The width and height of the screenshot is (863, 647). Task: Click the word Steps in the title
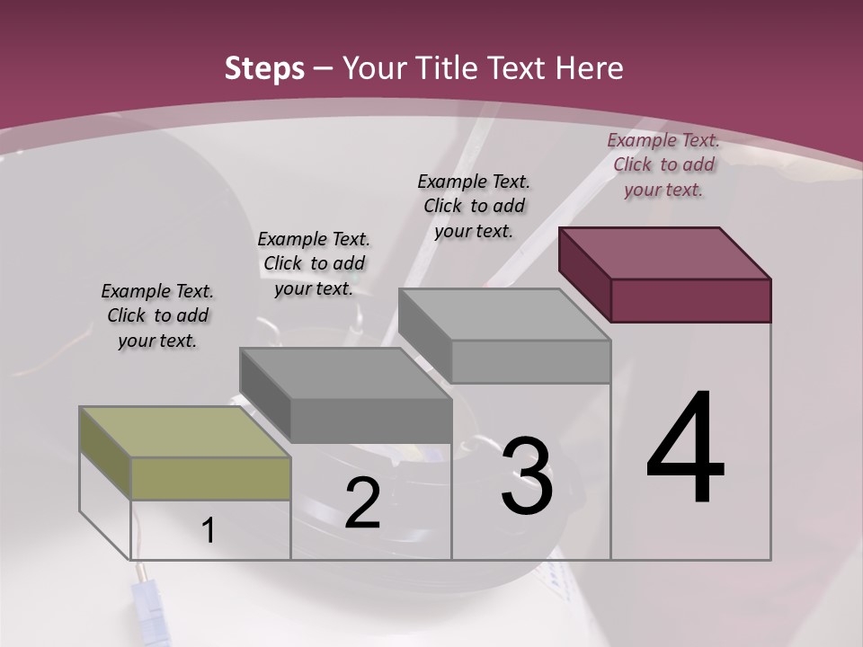point(264,68)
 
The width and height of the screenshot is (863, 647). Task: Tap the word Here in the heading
point(590,68)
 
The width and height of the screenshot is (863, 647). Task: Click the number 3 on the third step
point(527,476)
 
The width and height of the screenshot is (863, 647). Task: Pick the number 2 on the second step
point(362,504)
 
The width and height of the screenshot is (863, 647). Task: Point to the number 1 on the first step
point(208,531)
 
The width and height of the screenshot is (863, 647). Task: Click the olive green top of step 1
point(184,432)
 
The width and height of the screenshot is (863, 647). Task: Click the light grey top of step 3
point(504,315)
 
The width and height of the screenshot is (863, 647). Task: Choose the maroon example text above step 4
point(663,164)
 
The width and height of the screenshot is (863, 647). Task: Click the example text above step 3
point(474,206)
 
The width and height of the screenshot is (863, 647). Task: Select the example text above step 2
point(314,263)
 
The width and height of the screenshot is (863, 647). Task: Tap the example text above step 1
point(157,315)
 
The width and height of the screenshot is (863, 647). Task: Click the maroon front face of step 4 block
point(690,300)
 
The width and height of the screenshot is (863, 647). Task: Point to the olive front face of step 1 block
point(210,478)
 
